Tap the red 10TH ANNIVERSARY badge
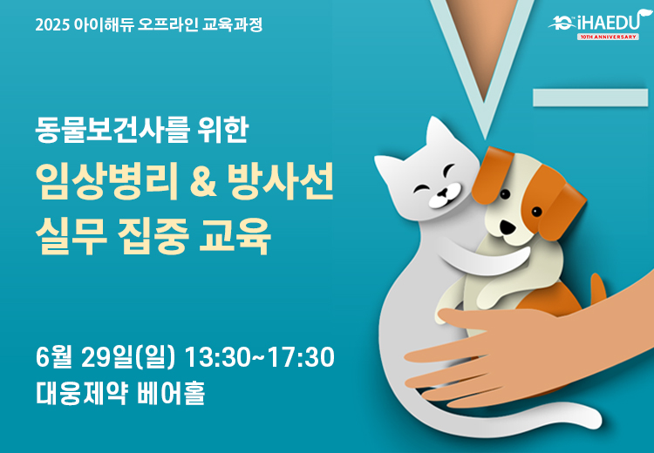(608, 37)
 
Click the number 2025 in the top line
(52, 25)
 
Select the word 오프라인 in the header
(167, 24)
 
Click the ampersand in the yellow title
(203, 181)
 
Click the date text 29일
(106, 357)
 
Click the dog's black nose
(508, 227)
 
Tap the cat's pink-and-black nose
(442, 193)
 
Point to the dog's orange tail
(596, 288)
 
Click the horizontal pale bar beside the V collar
(590, 98)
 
